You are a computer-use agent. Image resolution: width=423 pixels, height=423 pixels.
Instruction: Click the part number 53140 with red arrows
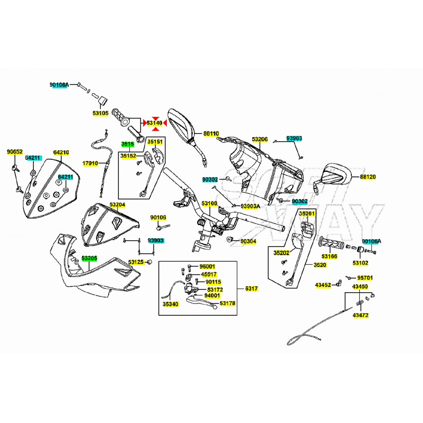[x=154, y=123]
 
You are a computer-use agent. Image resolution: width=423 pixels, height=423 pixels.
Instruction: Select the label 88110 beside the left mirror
[x=211, y=134]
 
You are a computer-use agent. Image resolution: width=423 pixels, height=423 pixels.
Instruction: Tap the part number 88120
[x=368, y=177]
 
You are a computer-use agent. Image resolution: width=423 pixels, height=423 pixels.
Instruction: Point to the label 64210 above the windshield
[x=61, y=152]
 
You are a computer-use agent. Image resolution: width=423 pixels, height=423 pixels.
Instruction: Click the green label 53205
[x=89, y=259]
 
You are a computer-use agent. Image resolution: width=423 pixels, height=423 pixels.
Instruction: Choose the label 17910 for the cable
[x=90, y=163]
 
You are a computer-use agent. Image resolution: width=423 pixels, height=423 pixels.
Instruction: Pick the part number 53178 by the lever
[x=228, y=303]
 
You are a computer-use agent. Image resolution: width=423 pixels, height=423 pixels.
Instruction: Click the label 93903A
[x=250, y=207]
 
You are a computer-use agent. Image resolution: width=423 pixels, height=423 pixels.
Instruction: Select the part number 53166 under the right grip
[x=330, y=256]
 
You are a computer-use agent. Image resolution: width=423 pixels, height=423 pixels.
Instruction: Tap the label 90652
[x=15, y=152]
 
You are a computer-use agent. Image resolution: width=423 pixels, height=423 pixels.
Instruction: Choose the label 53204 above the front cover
[x=117, y=205]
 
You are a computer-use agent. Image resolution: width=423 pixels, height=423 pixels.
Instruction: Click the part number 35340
[x=170, y=304]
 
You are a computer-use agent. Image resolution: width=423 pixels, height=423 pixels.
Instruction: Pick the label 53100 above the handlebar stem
[x=210, y=203]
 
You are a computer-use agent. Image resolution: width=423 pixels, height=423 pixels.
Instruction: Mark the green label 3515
[x=128, y=144]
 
